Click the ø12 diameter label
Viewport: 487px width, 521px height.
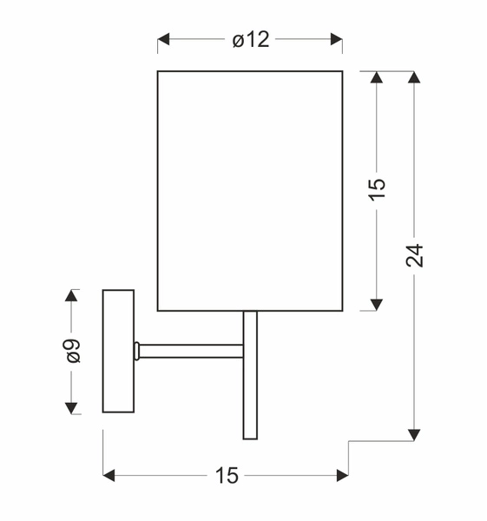251,40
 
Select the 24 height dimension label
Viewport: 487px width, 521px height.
415,254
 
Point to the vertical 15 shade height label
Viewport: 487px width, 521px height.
377,189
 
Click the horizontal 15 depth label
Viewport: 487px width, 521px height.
226,475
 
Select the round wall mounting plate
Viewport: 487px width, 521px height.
118,351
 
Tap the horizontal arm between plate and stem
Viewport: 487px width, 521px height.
189,351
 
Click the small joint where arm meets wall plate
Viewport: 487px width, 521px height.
136,351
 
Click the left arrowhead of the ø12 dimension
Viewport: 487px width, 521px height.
163,40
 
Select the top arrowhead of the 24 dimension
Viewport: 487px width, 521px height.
415,77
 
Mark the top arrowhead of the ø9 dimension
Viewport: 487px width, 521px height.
72,296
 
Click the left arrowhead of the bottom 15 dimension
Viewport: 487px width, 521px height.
109,475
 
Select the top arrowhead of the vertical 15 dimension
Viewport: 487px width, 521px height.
377,77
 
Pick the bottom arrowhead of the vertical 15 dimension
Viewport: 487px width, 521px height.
377,304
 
